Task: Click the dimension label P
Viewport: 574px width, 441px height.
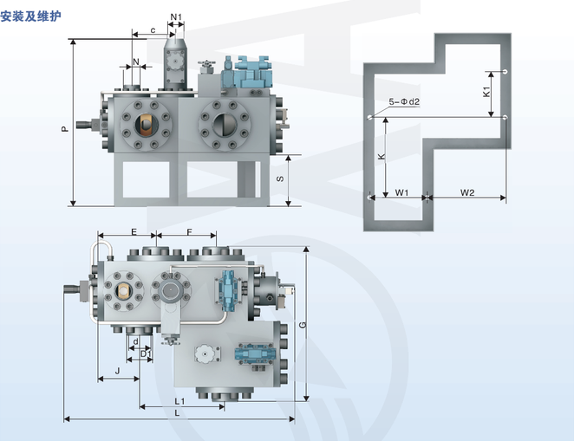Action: (x=64, y=127)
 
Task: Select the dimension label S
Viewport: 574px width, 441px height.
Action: (x=278, y=179)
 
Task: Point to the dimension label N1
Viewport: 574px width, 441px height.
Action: (x=176, y=16)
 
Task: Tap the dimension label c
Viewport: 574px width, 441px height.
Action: (x=153, y=30)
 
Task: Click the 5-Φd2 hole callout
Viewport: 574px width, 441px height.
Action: (x=404, y=102)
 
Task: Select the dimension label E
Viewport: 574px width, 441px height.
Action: (x=134, y=232)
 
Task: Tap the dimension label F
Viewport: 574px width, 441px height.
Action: (x=188, y=232)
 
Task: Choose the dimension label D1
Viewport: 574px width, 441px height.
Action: (x=146, y=353)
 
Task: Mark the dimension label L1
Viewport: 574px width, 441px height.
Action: (x=179, y=401)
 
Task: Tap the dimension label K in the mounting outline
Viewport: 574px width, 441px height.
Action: (x=381, y=156)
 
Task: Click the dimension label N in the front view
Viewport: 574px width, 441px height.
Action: (x=135, y=62)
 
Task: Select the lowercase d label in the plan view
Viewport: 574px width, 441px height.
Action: (x=136, y=341)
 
